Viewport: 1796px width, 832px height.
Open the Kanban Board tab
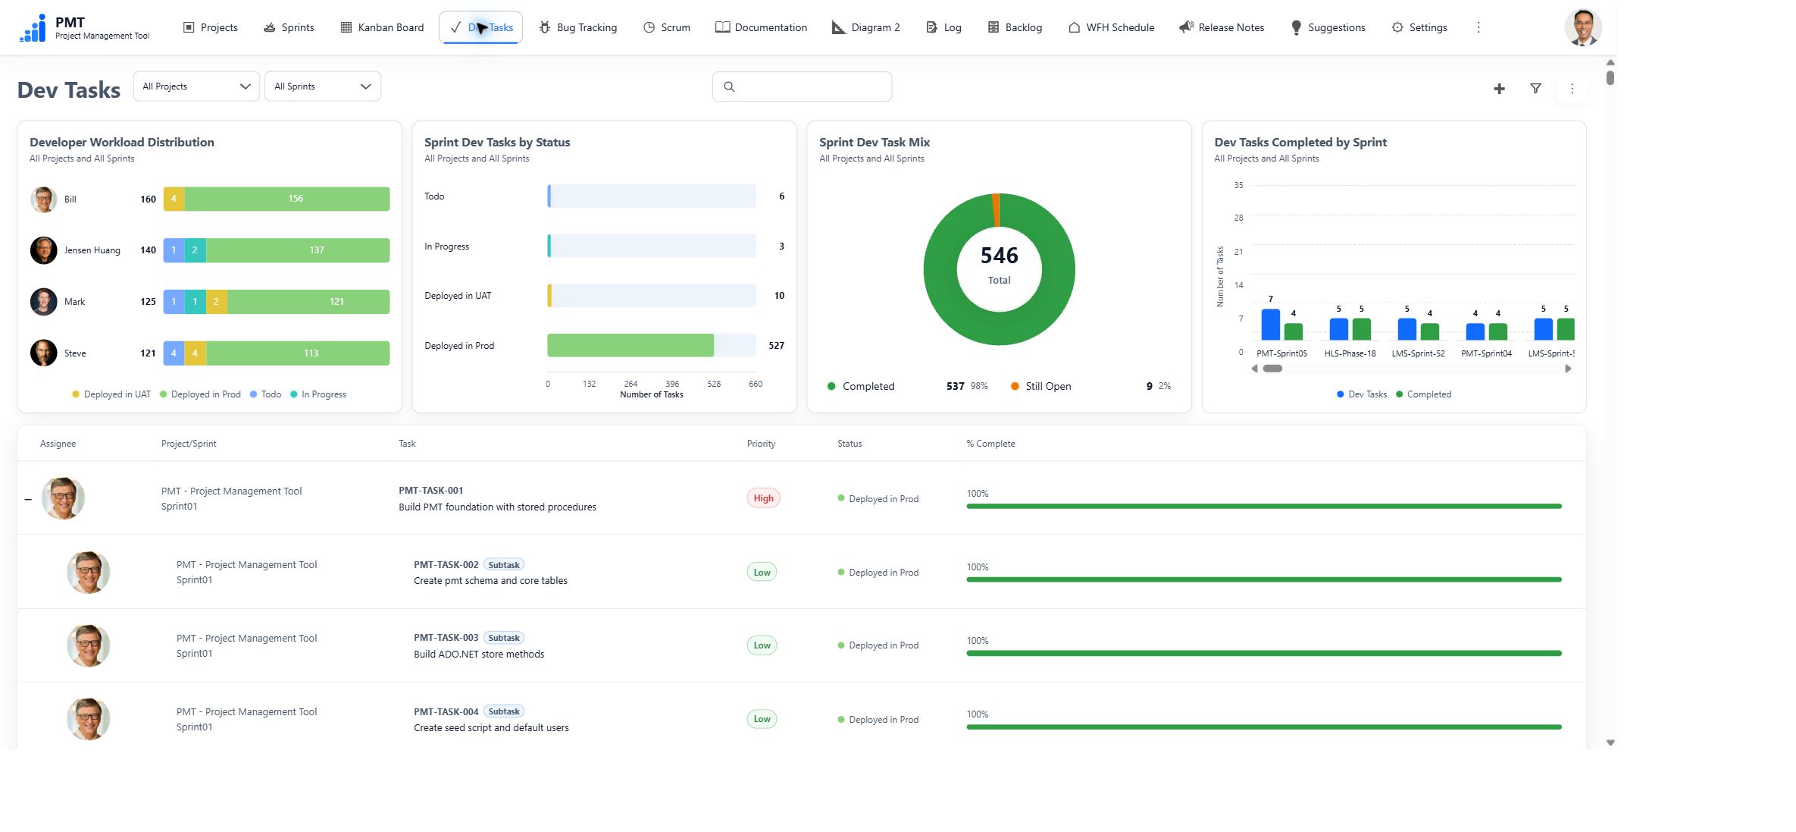(x=382, y=27)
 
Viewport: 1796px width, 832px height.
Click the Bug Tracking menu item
(x=578, y=27)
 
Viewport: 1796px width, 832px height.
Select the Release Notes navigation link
(x=1222, y=27)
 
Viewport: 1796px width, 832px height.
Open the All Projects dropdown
(x=196, y=86)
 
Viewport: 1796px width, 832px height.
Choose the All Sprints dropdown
(x=323, y=86)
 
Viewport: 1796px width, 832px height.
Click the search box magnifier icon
(x=729, y=86)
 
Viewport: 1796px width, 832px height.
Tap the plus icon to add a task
(x=1499, y=89)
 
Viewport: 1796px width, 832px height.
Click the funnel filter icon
(x=1535, y=89)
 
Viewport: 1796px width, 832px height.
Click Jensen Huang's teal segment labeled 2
(x=195, y=250)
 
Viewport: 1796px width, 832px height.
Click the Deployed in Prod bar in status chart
(x=630, y=345)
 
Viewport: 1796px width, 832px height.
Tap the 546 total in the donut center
(x=1000, y=256)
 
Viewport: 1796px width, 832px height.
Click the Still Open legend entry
(x=1041, y=386)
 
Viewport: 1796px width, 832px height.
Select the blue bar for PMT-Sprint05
(x=1271, y=325)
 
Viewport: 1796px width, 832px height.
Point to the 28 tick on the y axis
(x=1238, y=218)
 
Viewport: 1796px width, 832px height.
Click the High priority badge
(x=763, y=498)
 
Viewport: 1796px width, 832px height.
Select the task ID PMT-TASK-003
(x=446, y=638)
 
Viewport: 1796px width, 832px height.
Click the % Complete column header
(x=990, y=444)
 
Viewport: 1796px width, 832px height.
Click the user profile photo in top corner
(x=1583, y=28)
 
